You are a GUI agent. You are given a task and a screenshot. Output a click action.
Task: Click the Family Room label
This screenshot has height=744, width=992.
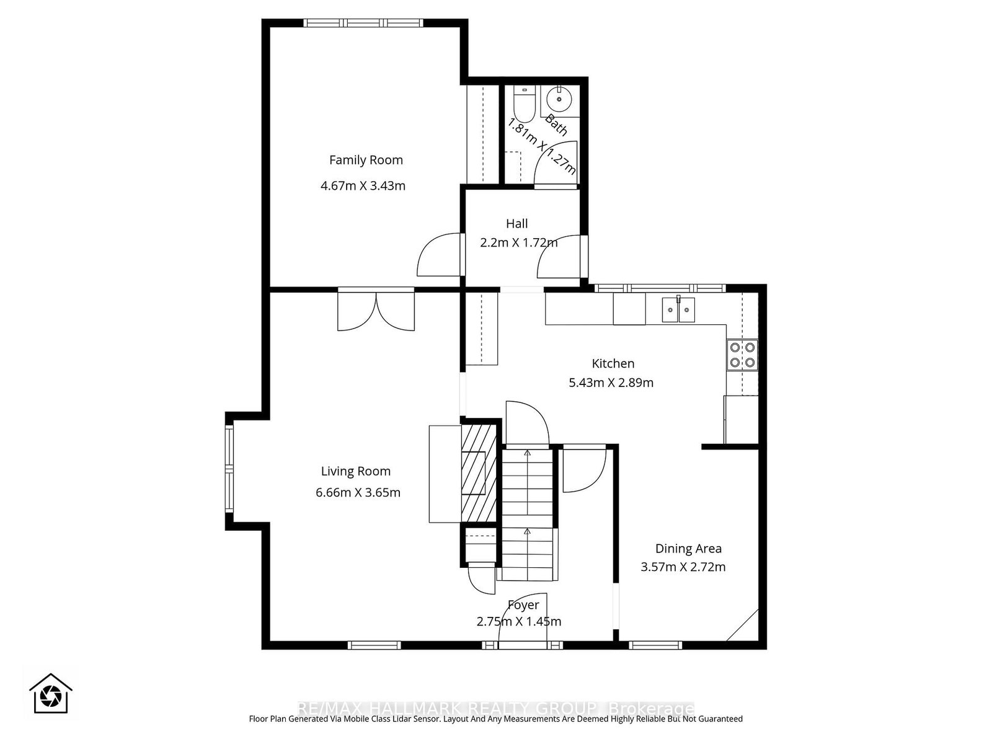click(x=366, y=160)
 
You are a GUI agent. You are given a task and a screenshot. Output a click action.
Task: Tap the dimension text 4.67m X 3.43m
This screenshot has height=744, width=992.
click(x=363, y=185)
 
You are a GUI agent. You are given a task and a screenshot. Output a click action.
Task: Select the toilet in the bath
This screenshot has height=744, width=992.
click(x=525, y=105)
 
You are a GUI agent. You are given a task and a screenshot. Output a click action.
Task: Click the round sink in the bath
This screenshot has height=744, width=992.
click(x=559, y=99)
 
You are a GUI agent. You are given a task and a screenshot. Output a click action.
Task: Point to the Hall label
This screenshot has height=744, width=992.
click(x=516, y=223)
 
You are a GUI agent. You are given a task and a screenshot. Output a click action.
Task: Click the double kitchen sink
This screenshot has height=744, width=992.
click(x=678, y=309)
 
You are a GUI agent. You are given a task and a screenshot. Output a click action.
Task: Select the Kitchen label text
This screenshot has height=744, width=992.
click(x=613, y=363)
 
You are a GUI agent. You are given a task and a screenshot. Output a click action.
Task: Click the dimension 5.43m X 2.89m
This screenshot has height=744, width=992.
click(x=611, y=383)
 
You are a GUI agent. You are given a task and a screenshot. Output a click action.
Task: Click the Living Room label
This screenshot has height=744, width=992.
click(x=355, y=471)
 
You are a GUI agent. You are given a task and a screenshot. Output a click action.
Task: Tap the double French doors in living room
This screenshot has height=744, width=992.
click(x=376, y=310)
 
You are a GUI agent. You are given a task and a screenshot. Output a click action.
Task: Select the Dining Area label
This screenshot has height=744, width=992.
click(x=688, y=548)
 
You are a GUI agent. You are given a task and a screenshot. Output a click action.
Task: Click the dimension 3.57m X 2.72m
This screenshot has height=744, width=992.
click(x=683, y=567)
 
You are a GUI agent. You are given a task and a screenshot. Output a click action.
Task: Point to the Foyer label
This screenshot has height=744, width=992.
click(x=523, y=604)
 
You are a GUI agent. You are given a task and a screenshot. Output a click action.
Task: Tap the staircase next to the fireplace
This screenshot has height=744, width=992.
click(x=526, y=515)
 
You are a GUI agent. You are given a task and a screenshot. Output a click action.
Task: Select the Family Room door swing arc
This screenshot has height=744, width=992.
click(x=439, y=254)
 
